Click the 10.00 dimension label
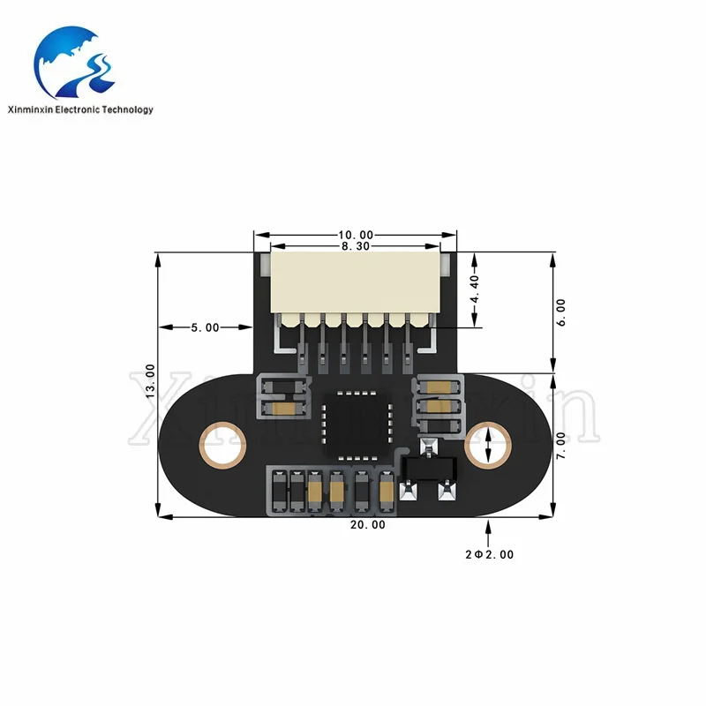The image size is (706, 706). click(x=356, y=235)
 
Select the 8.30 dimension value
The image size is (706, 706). click(x=356, y=246)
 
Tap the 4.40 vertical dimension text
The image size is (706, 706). click(x=475, y=289)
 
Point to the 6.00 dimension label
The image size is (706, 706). click(x=561, y=312)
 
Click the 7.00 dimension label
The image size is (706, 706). click(x=561, y=446)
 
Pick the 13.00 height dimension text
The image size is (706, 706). click(x=150, y=381)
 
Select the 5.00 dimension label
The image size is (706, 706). click(x=206, y=327)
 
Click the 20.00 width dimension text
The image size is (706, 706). click(x=368, y=525)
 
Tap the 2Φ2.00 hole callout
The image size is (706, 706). click(x=490, y=555)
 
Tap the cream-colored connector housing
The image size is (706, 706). click(x=356, y=282)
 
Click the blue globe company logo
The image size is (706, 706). click(x=74, y=62)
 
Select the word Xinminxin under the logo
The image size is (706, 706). click(x=30, y=109)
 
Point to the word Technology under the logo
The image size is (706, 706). click(x=127, y=109)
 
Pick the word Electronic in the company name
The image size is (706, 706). click(x=78, y=109)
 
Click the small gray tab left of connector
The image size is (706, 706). click(x=266, y=265)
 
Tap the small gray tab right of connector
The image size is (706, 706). click(x=446, y=265)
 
